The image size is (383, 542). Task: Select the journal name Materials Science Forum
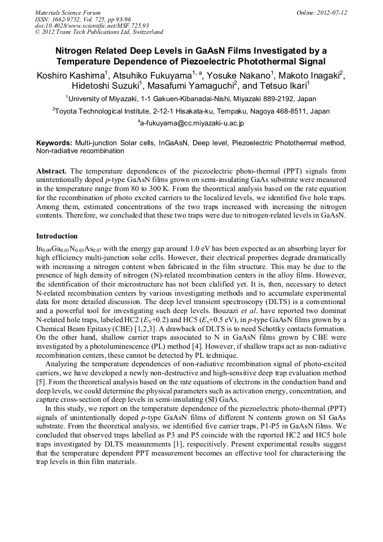68,12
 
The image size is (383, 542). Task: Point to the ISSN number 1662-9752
73,19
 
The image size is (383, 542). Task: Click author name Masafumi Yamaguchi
191,86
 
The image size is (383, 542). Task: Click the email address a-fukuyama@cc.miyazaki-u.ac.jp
191,123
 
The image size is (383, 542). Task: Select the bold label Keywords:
54,144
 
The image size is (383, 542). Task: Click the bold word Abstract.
51,171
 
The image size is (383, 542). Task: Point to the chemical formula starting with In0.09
67,249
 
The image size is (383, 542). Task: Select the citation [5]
41,389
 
